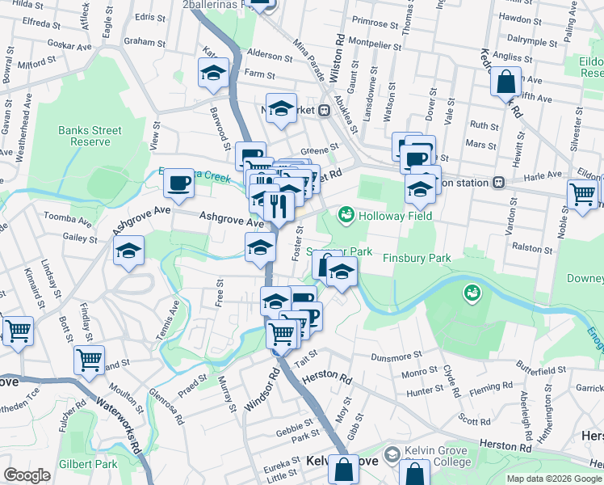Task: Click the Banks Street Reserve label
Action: tap(90, 136)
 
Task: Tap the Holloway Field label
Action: tap(396, 215)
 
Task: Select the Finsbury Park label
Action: tap(415, 258)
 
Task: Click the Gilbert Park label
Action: tap(88, 464)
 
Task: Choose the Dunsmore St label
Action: tap(396, 356)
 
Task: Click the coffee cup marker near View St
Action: tap(178, 183)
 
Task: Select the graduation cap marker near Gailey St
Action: tap(128, 251)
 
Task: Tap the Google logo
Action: tap(27, 475)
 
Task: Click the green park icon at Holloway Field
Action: tap(346, 214)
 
